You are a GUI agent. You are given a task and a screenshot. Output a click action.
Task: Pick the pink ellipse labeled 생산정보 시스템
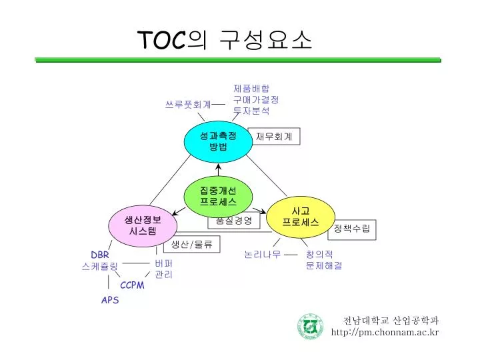(x=143, y=225)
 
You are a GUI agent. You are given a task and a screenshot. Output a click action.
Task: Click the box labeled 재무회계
(x=274, y=136)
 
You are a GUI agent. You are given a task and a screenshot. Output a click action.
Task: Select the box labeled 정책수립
(x=352, y=229)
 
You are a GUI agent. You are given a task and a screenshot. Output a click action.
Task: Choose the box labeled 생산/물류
(x=191, y=245)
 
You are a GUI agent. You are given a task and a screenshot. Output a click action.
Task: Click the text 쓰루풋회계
(x=188, y=105)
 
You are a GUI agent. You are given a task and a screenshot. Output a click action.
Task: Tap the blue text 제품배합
(x=251, y=88)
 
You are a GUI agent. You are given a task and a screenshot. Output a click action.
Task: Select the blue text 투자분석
(x=251, y=111)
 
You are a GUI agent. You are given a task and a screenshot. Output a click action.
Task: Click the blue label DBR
(x=100, y=255)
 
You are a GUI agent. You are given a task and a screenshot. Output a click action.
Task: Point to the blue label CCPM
(x=132, y=285)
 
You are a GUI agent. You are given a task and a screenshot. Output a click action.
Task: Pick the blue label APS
(x=110, y=300)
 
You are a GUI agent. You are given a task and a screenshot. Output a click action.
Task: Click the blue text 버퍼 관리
(x=164, y=269)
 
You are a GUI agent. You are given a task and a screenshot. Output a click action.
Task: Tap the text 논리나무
(x=262, y=254)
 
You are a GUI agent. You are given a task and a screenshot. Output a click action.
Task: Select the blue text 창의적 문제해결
(x=324, y=260)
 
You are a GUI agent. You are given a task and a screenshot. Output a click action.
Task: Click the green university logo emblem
(x=310, y=326)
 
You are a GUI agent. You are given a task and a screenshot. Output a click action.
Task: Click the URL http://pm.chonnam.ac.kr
(x=385, y=332)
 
